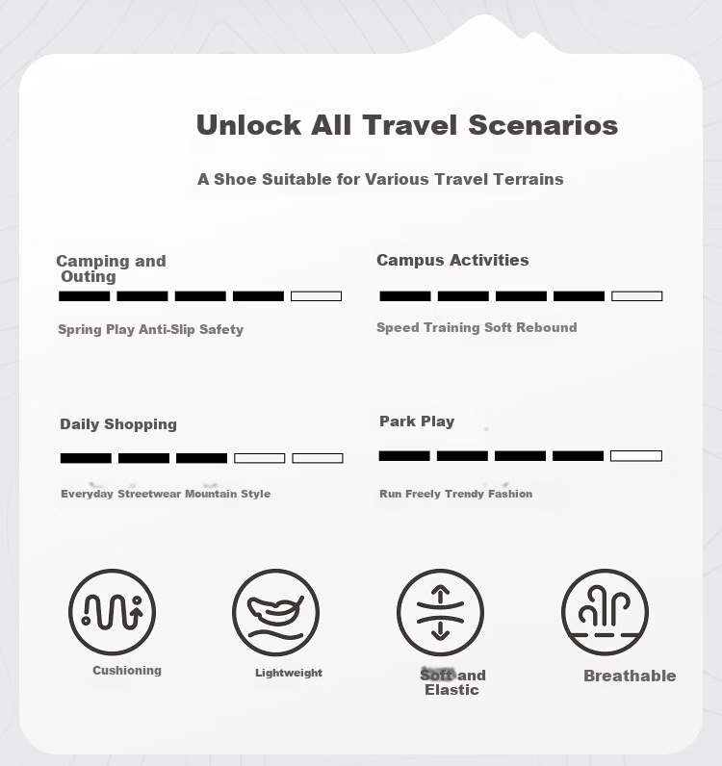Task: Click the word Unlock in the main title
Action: [x=248, y=125]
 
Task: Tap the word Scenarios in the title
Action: [x=543, y=125]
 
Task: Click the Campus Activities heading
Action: [x=452, y=261]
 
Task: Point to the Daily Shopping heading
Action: [x=118, y=424]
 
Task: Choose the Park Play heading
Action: [x=417, y=421]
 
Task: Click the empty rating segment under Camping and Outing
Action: [x=317, y=296]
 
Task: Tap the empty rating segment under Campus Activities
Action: [x=637, y=296]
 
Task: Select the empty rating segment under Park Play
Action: [x=636, y=456]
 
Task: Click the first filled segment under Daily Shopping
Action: [x=86, y=458]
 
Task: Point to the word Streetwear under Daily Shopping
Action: [x=149, y=494]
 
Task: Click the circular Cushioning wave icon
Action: [x=113, y=612]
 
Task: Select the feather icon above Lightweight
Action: [x=275, y=610]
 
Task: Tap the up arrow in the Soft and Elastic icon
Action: [x=441, y=593]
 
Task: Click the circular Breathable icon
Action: [x=606, y=612]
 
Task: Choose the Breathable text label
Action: [x=630, y=676]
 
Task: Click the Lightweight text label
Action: [x=289, y=673]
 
